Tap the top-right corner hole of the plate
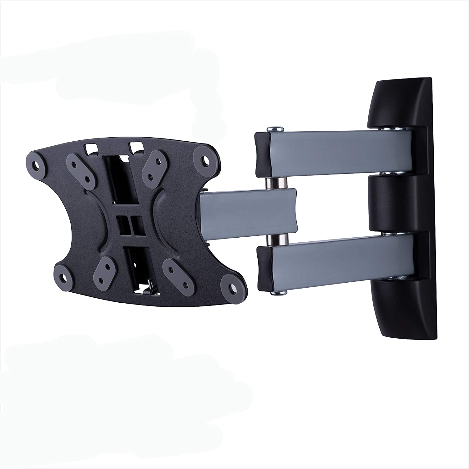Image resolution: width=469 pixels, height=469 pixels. coord(206,159)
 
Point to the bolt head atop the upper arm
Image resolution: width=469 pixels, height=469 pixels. coord(275,129)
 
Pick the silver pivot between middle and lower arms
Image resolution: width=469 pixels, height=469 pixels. coord(275,240)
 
